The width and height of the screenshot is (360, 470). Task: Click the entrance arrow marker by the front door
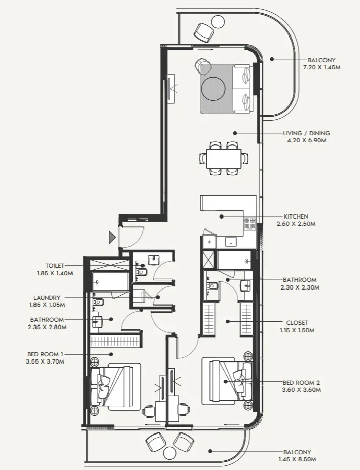pyautogui.click(x=112, y=237)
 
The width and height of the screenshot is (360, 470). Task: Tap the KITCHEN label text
pyautogui.click(x=296, y=216)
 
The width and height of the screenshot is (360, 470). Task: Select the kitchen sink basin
pyautogui.click(x=231, y=242)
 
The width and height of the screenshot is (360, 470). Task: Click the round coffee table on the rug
pyautogui.click(x=213, y=89)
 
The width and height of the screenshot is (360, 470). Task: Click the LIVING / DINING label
pyautogui.click(x=306, y=133)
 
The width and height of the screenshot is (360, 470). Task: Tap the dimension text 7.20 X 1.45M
pyautogui.click(x=321, y=68)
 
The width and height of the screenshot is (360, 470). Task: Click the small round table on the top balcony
pyautogui.click(x=218, y=22)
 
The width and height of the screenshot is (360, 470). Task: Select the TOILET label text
pyautogui.click(x=55, y=266)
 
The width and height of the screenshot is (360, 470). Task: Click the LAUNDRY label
pyautogui.click(x=47, y=298)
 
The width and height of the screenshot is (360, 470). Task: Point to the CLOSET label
pyautogui.click(x=297, y=323)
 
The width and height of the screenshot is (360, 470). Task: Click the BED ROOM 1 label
pyautogui.click(x=45, y=354)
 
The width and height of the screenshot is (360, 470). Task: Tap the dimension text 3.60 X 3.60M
pyautogui.click(x=302, y=390)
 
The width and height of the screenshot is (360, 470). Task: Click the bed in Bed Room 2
pyautogui.click(x=227, y=381)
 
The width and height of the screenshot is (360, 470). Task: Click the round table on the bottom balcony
pyautogui.click(x=170, y=453)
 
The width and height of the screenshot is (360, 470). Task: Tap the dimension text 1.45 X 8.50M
pyautogui.click(x=297, y=459)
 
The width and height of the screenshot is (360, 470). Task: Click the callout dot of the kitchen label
pyautogui.click(x=221, y=216)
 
